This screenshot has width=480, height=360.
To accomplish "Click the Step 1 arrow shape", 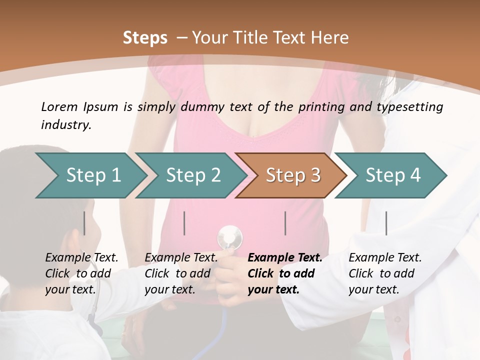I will (x=92, y=175).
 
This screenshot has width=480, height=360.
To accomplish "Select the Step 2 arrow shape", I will (x=193, y=175).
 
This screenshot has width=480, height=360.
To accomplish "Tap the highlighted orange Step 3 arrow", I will (x=292, y=175).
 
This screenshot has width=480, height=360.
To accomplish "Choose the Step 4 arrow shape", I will (x=392, y=175).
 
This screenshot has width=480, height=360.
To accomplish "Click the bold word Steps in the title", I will (x=145, y=38).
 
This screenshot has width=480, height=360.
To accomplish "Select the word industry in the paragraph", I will (x=65, y=125).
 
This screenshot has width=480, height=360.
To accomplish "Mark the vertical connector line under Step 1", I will (x=84, y=223).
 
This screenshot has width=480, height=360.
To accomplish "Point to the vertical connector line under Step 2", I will (x=184, y=223).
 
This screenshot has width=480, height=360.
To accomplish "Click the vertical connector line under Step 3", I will (x=285, y=223).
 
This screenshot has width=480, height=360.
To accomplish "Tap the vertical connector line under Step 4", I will (x=386, y=223).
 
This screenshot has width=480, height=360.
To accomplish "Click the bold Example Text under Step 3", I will (x=285, y=258).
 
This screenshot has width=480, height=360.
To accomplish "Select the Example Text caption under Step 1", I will (x=81, y=258).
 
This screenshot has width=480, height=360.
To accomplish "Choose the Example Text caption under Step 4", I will (x=385, y=258).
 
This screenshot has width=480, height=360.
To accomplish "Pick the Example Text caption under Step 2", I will (x=181, y=258).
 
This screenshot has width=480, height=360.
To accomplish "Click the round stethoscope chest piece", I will (x=229, y=237).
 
